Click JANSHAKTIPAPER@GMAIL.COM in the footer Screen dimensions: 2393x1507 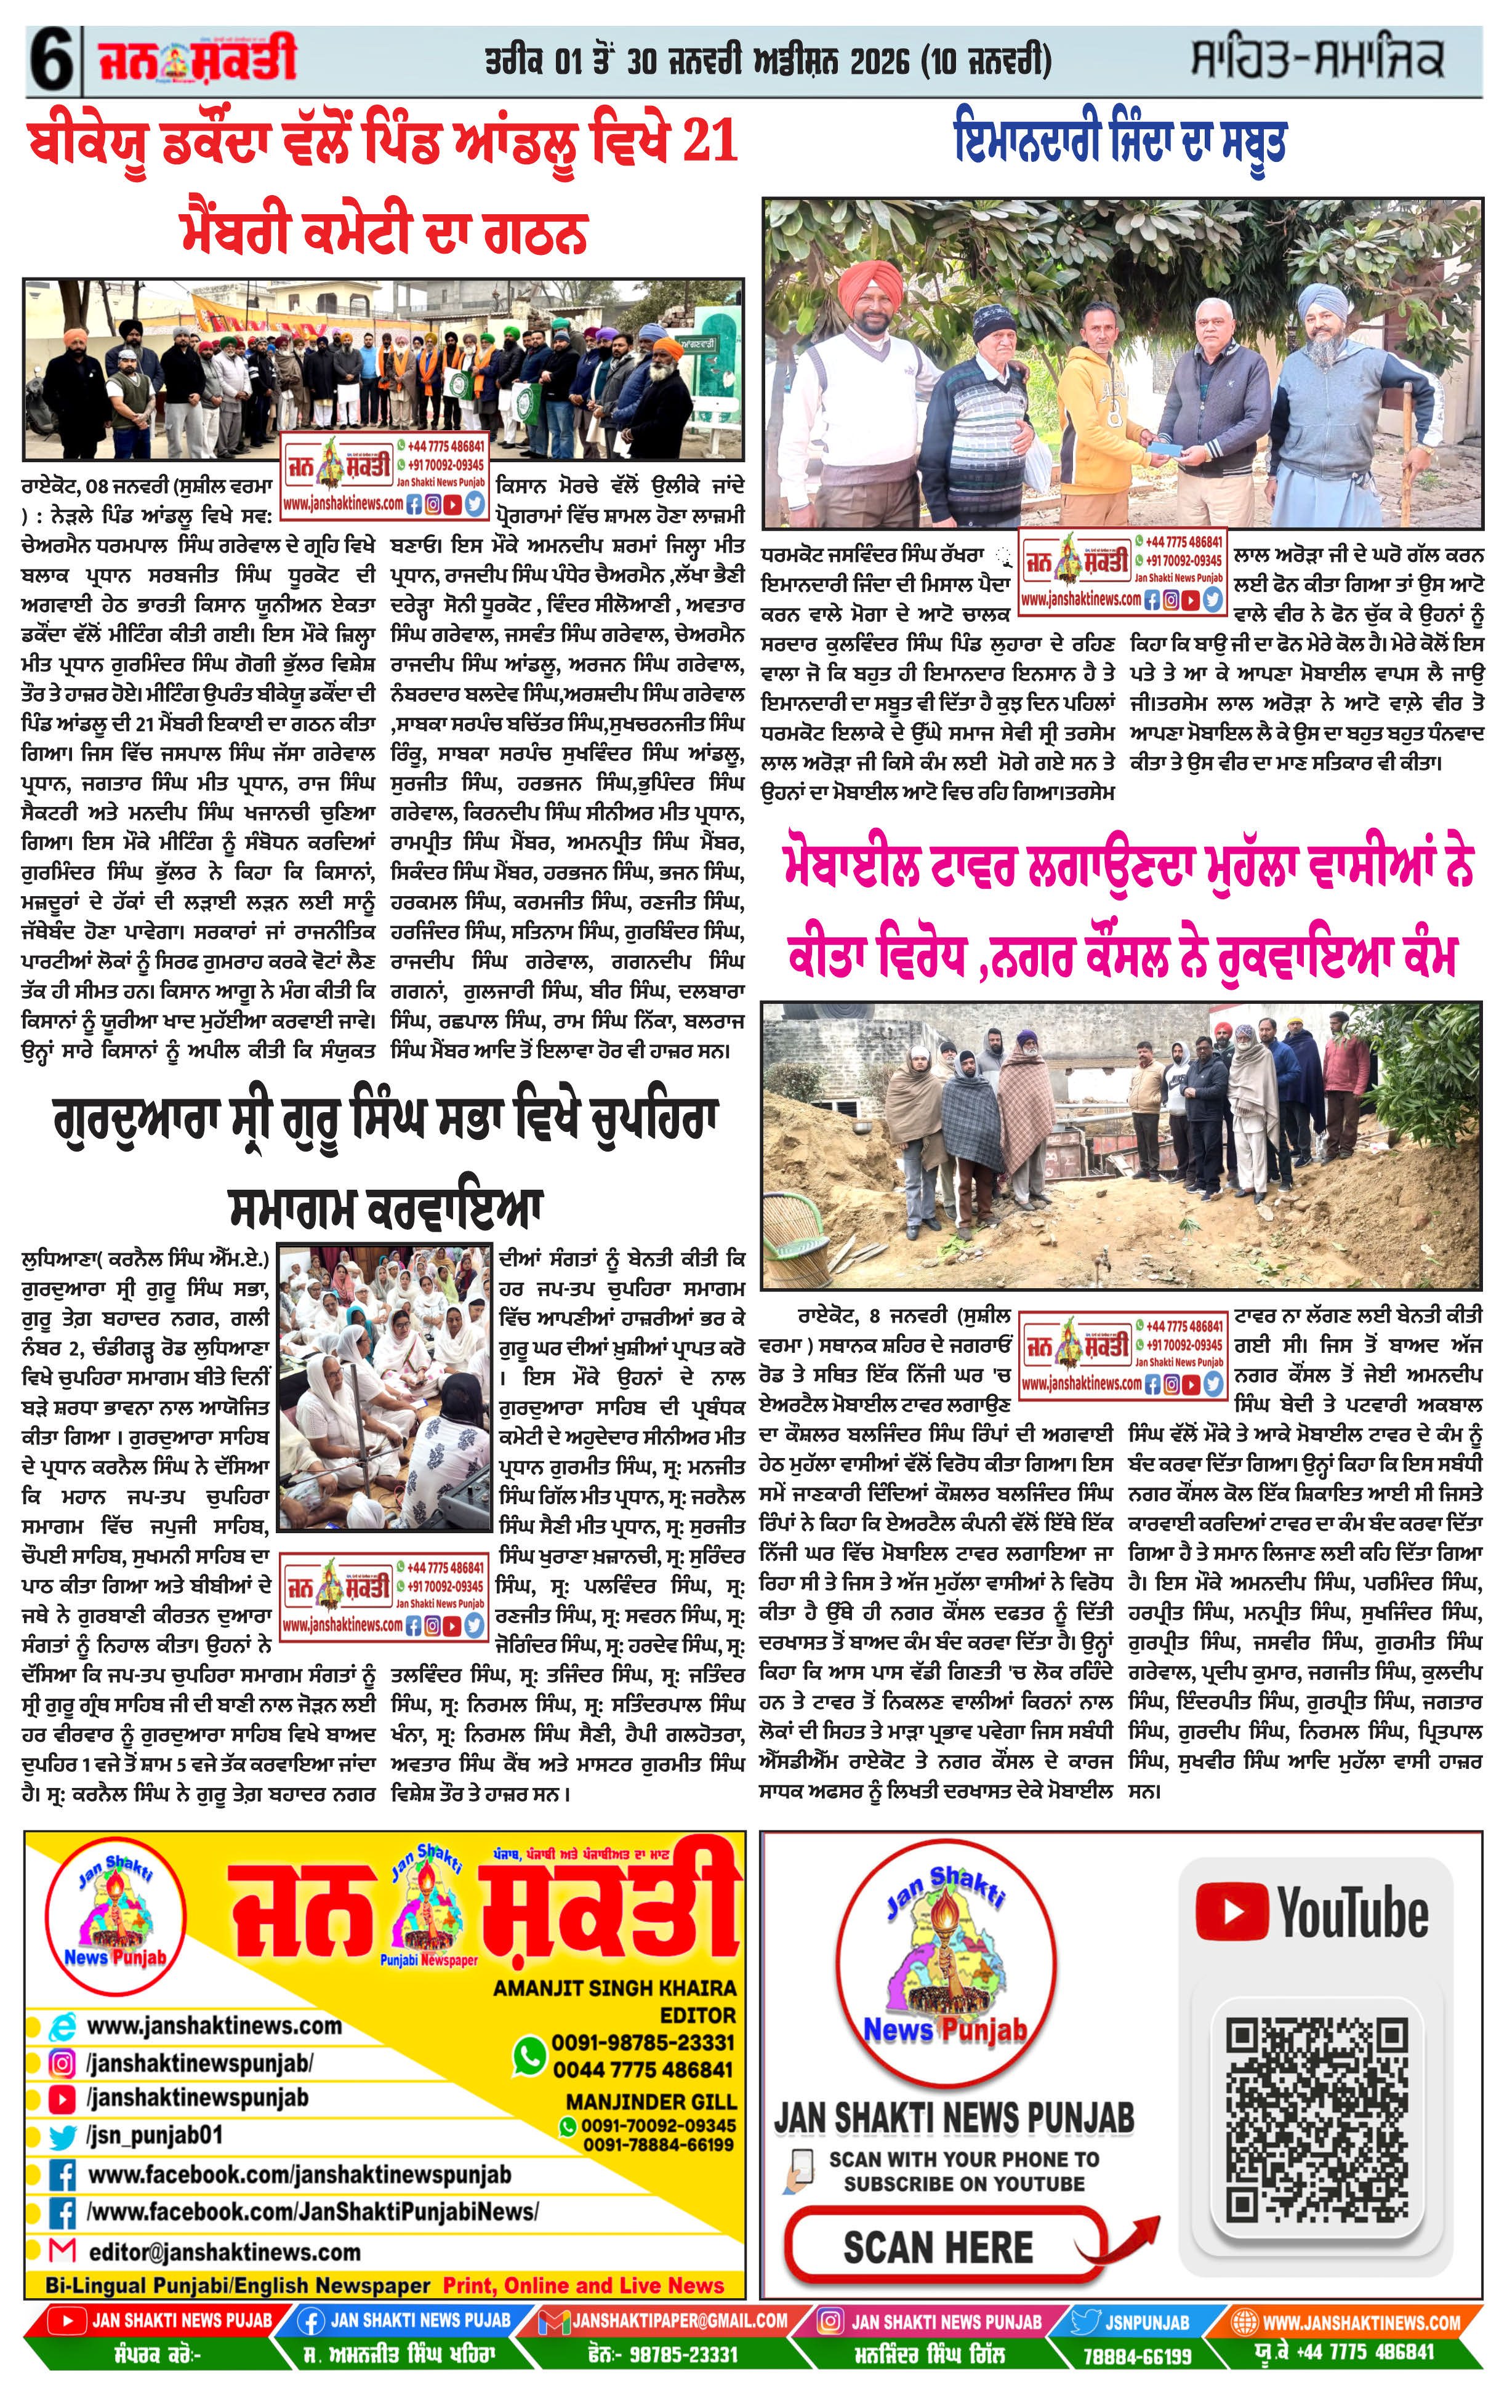pos(679,2322)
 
